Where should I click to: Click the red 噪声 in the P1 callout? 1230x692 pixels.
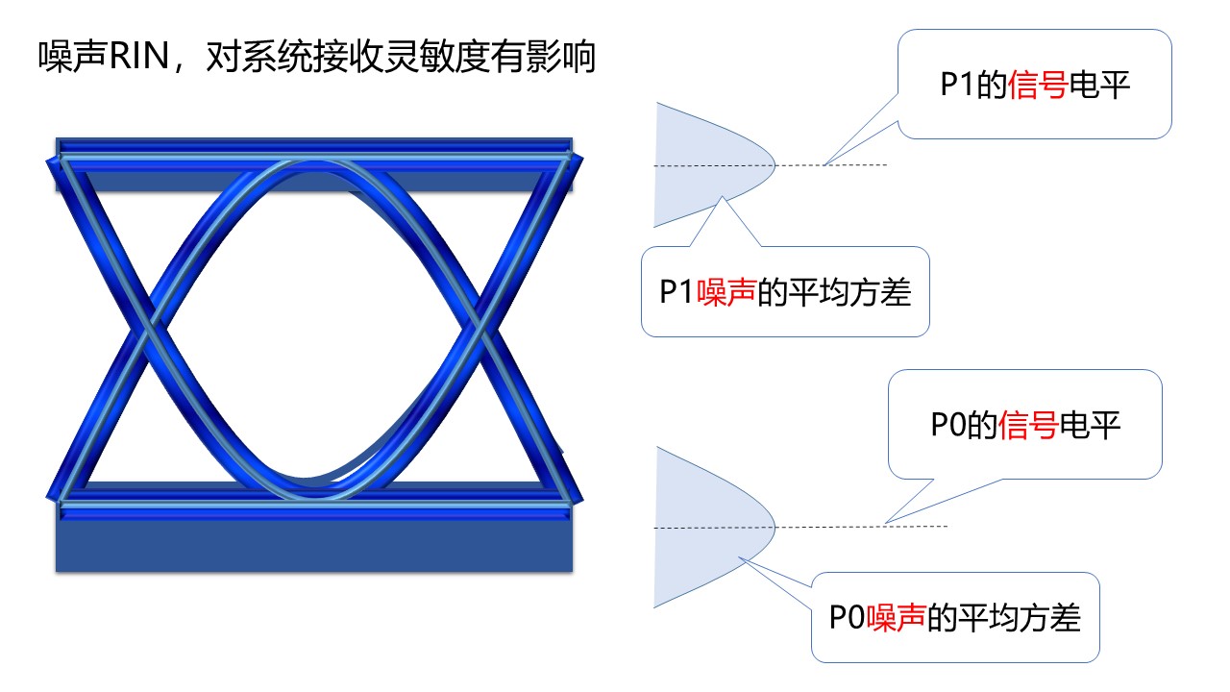click(726, 292)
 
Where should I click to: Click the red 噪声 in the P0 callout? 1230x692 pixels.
click(896, 618)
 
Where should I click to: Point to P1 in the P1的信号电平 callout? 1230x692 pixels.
click(956, 86)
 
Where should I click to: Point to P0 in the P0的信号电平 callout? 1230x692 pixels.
click(948, 426)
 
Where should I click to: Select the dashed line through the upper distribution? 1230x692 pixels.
click(846, 165)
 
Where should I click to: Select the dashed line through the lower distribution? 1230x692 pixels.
click(865, 527)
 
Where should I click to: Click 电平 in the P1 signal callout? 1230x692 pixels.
click(1099, 86)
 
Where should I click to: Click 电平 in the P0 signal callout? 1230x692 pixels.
click(1091, 426)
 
